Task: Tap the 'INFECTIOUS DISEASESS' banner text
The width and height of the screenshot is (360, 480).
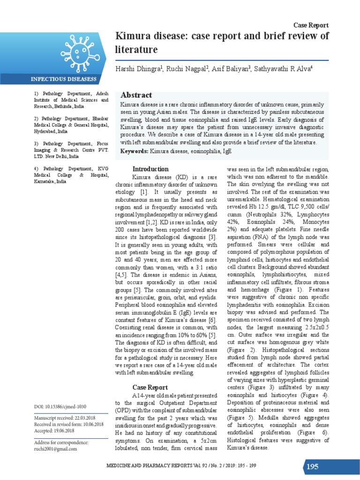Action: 64,79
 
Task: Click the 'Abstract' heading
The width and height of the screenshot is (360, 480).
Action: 136,95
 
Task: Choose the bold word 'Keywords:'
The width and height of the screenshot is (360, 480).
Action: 135,151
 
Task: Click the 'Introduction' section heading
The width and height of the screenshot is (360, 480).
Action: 150,169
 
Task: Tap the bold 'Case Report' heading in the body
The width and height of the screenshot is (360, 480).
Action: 150,388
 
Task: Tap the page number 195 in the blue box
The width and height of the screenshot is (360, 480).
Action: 313,466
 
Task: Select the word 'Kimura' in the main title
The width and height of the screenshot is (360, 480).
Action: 134,37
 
